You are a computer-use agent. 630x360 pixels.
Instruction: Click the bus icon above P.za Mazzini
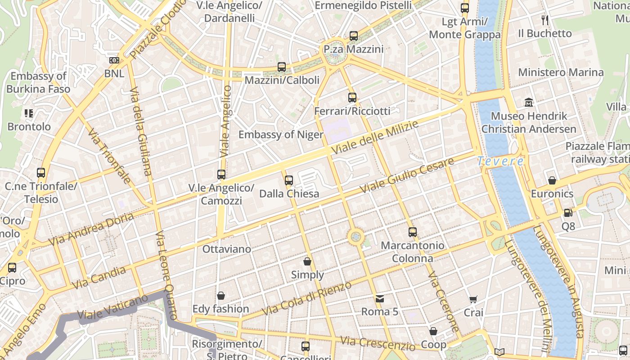(354, 36)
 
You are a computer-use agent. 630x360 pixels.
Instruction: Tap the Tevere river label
(500, 161)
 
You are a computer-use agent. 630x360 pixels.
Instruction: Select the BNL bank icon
(114, 60)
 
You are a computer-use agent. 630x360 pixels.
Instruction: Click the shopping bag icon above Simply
(307, 261)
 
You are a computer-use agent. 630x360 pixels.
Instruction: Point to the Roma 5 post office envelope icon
(380, 298)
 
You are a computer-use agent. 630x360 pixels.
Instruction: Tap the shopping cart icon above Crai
(473, 299)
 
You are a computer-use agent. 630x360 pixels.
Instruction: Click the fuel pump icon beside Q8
(568, 213)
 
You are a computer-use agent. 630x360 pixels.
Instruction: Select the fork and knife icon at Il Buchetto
(545, 20)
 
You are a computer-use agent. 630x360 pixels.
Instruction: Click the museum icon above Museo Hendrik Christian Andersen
(529, 103)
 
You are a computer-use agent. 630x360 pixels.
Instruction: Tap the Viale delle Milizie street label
(375, 138)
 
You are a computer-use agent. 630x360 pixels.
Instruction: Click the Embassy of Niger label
(281, 135)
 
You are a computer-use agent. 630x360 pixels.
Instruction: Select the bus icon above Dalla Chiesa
(289, 180)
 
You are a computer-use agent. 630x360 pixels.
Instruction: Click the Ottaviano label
(227, 249)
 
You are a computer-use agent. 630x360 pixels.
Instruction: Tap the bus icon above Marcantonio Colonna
(413, 232)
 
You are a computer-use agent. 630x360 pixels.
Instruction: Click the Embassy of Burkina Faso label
(38, 82)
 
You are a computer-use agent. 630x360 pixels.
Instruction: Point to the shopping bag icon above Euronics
(552, 181)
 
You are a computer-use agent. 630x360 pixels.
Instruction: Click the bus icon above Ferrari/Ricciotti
(352, 97)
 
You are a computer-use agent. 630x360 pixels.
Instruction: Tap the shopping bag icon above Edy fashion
(221, 296)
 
